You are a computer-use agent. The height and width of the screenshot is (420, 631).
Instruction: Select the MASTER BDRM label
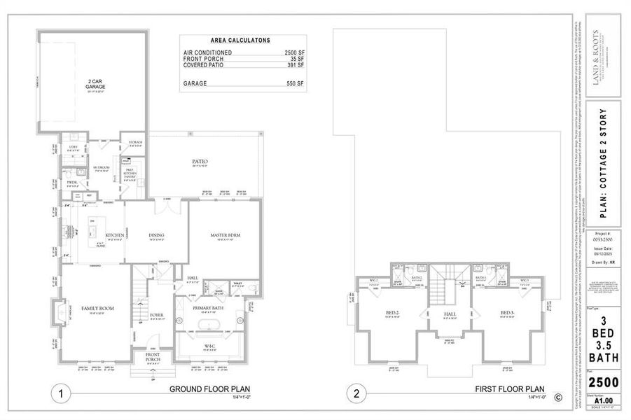pyautogui.click(x=226, y=236)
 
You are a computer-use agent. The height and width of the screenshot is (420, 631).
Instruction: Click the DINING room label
pyautogui.click(x=157, y=235)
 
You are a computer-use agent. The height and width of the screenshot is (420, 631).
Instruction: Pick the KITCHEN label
pyautogui.click(x=115, y=235)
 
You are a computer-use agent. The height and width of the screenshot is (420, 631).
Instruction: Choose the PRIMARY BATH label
pyautogui.click(x=209, y=308)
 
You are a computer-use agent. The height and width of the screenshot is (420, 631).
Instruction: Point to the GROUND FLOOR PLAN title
pyautogui.click(x=210, y=389)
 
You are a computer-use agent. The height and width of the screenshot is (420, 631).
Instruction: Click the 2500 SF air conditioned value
pyautogui.click(x=293, y=53)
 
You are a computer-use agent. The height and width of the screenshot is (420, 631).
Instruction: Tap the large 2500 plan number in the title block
pyautogui.click(x=603, y=382)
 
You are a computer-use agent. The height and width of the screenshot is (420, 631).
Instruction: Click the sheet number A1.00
pyautogui.click(x=603, y=400)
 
